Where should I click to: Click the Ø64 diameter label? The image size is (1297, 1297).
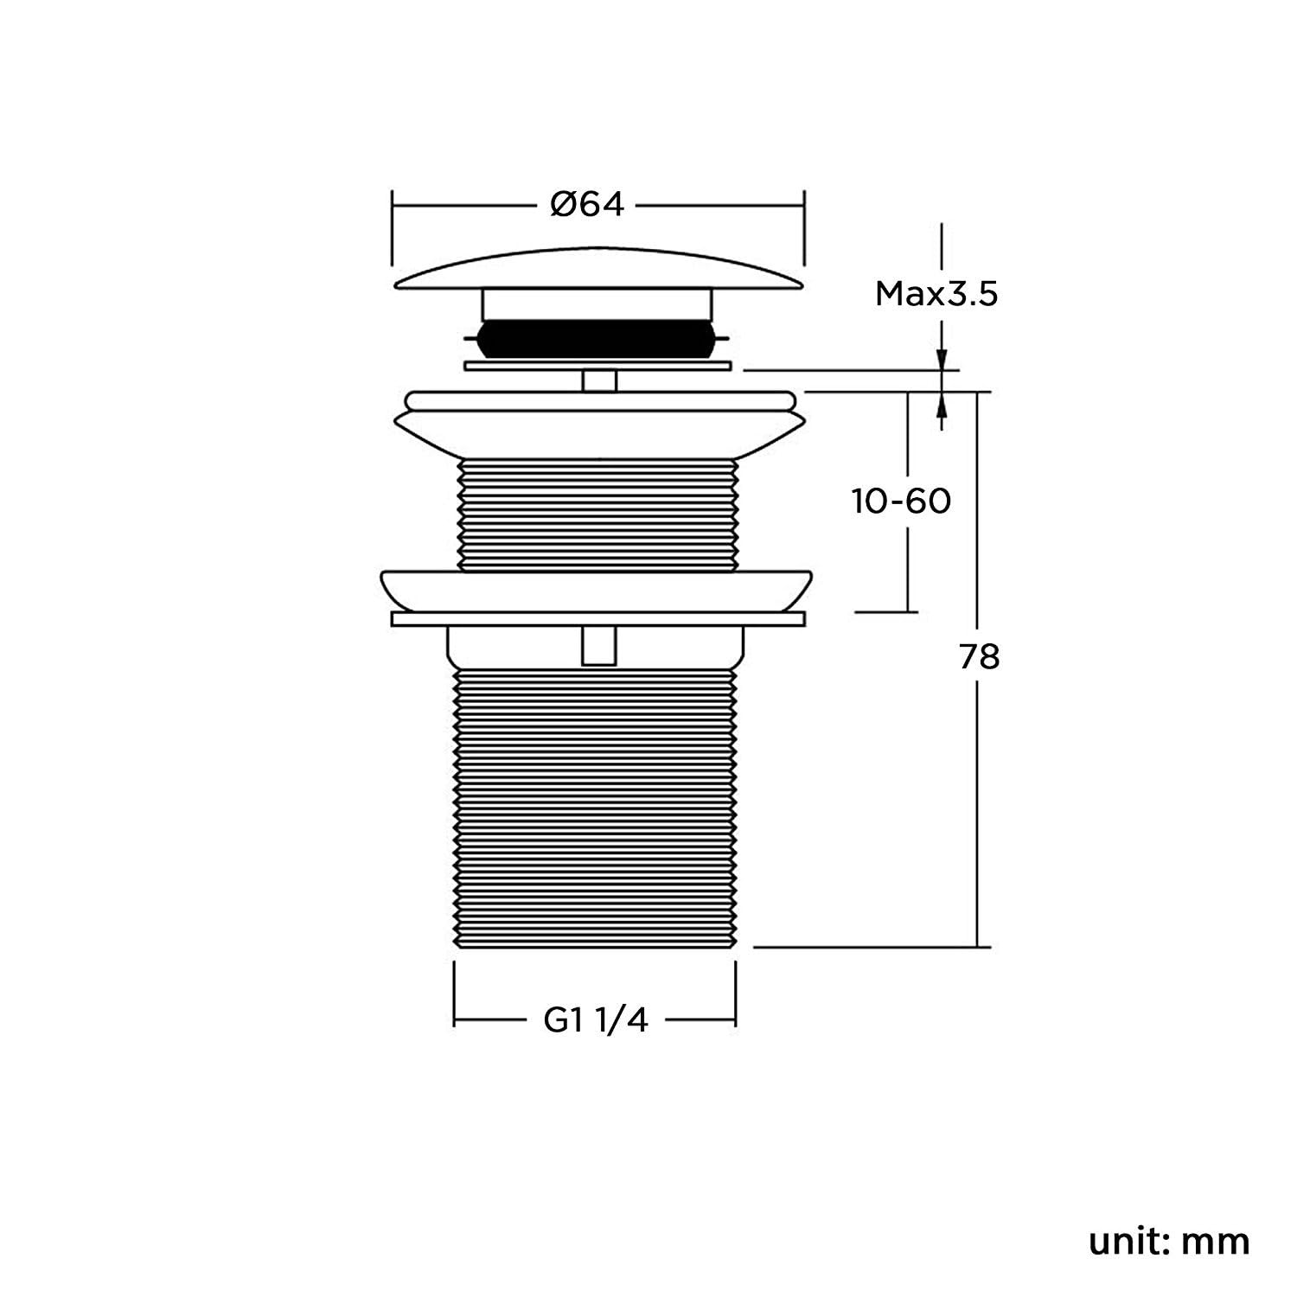[587, 205]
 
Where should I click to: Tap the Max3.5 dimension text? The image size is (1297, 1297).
[936, 295]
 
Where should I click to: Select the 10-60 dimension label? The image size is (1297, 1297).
[902, 502]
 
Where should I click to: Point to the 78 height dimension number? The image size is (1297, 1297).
[979, 657]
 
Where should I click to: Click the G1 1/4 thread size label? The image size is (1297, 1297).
[596, 1020]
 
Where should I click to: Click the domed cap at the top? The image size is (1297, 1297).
[599, 270]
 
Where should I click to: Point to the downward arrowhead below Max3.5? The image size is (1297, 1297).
[942, 359]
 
